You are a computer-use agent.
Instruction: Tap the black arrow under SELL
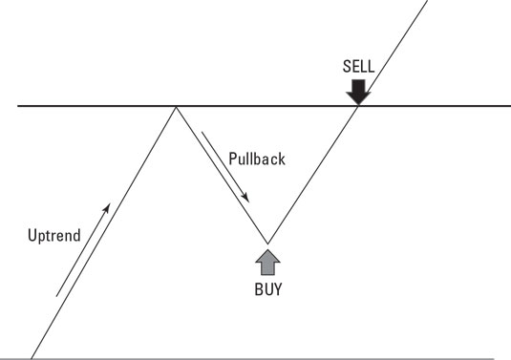pyautogui.click(x=357, y=92)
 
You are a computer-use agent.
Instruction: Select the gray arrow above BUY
pyautogui.click(x=266, y=260)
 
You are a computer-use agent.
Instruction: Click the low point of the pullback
pyautogui.click(x=266, y=243)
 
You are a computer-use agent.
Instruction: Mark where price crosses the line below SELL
pyautogui.click(x=357, y=106)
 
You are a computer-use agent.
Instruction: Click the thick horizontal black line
pyautogui.click(x=96, y=106)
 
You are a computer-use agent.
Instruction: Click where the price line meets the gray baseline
pyautogui.click(x=32, y=358)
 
